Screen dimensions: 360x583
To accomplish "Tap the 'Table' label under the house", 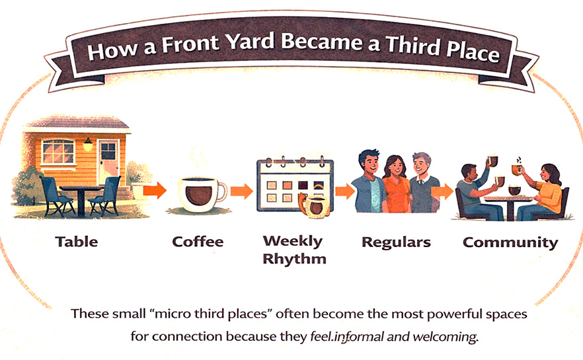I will coord(77,241).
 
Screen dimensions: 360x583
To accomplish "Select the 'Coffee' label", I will coord(198,242).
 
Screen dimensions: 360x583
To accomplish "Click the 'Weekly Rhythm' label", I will coord(293,249).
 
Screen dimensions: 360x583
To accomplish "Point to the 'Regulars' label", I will coord(396,242).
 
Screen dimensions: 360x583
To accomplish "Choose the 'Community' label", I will coord(510,242).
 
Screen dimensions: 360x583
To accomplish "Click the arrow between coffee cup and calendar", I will coord(242,192).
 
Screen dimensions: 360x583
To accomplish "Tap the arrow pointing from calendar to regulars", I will coord(344,192).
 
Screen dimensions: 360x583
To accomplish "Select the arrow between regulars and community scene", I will coord(442,192).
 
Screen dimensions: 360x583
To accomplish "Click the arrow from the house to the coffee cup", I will coord(155,192).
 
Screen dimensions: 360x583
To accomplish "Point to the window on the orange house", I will coord(58,152).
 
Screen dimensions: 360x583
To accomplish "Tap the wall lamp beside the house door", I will coord(88,143).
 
